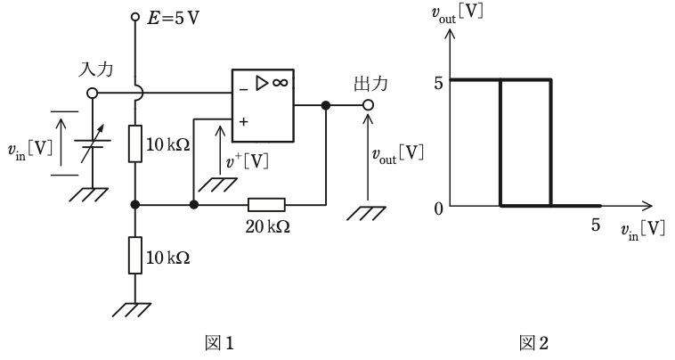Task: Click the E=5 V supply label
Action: click(173, 19)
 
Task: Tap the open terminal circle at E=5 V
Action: click(135, 17)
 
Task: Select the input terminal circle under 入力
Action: click(92, 93)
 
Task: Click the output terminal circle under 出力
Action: click(367, 104)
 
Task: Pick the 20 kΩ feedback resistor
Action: click(266, 205)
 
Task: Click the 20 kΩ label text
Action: click(268, 226)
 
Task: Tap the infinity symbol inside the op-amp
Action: click(280, 82)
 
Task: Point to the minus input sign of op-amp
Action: click(244, 90)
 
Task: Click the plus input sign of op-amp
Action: click(244, 122)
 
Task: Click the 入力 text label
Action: click(95, 70)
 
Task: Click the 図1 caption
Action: click(219, 343)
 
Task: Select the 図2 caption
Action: click(534, 343)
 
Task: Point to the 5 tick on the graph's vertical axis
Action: click(438, 83)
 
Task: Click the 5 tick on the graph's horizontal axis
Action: click(596, 225)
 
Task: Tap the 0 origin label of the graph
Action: click(438, 209)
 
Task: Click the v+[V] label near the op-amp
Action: click(247, 161)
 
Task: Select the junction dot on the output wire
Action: click(326, 105)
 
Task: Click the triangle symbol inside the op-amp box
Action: click(262, 83)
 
